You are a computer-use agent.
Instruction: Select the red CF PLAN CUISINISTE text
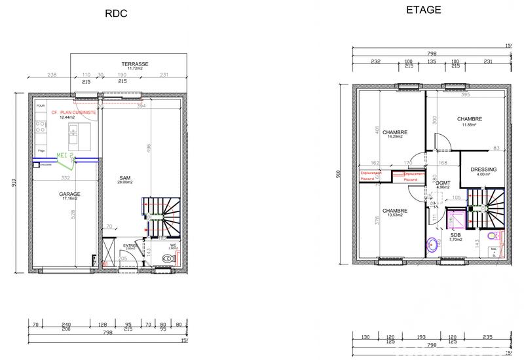[x=74, y=113]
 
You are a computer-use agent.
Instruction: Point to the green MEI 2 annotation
[x=66, y=155]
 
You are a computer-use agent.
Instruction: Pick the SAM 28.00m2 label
[x=125, y=179]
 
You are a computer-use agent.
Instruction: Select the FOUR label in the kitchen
[x=41, y=105]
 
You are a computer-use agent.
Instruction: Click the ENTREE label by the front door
[x=130, y=245]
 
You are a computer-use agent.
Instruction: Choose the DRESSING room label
[x=483, y=171]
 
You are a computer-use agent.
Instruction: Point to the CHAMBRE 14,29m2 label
[x=395, y=134]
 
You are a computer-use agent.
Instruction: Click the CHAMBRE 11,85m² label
[x=470, y=121]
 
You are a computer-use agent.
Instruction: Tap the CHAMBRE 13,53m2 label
[x=395, y=213]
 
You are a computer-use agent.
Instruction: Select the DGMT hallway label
[x=443, y=185]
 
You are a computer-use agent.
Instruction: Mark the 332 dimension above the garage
[x=65, y=177]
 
